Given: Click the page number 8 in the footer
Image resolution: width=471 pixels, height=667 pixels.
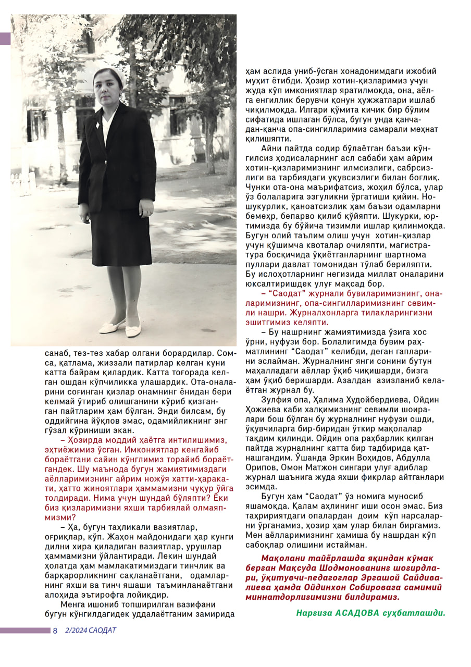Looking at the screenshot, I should point(55,631).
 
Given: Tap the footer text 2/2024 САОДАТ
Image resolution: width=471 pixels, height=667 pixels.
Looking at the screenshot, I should point(90,631).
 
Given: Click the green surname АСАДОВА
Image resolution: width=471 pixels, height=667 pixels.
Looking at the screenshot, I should point(357,613).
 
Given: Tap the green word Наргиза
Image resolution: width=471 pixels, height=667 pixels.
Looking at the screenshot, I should point(315,613).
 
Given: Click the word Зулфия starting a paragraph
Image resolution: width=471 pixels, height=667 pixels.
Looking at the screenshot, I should point(276,400).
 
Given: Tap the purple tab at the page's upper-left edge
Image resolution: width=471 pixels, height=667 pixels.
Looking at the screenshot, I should point(5,39).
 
